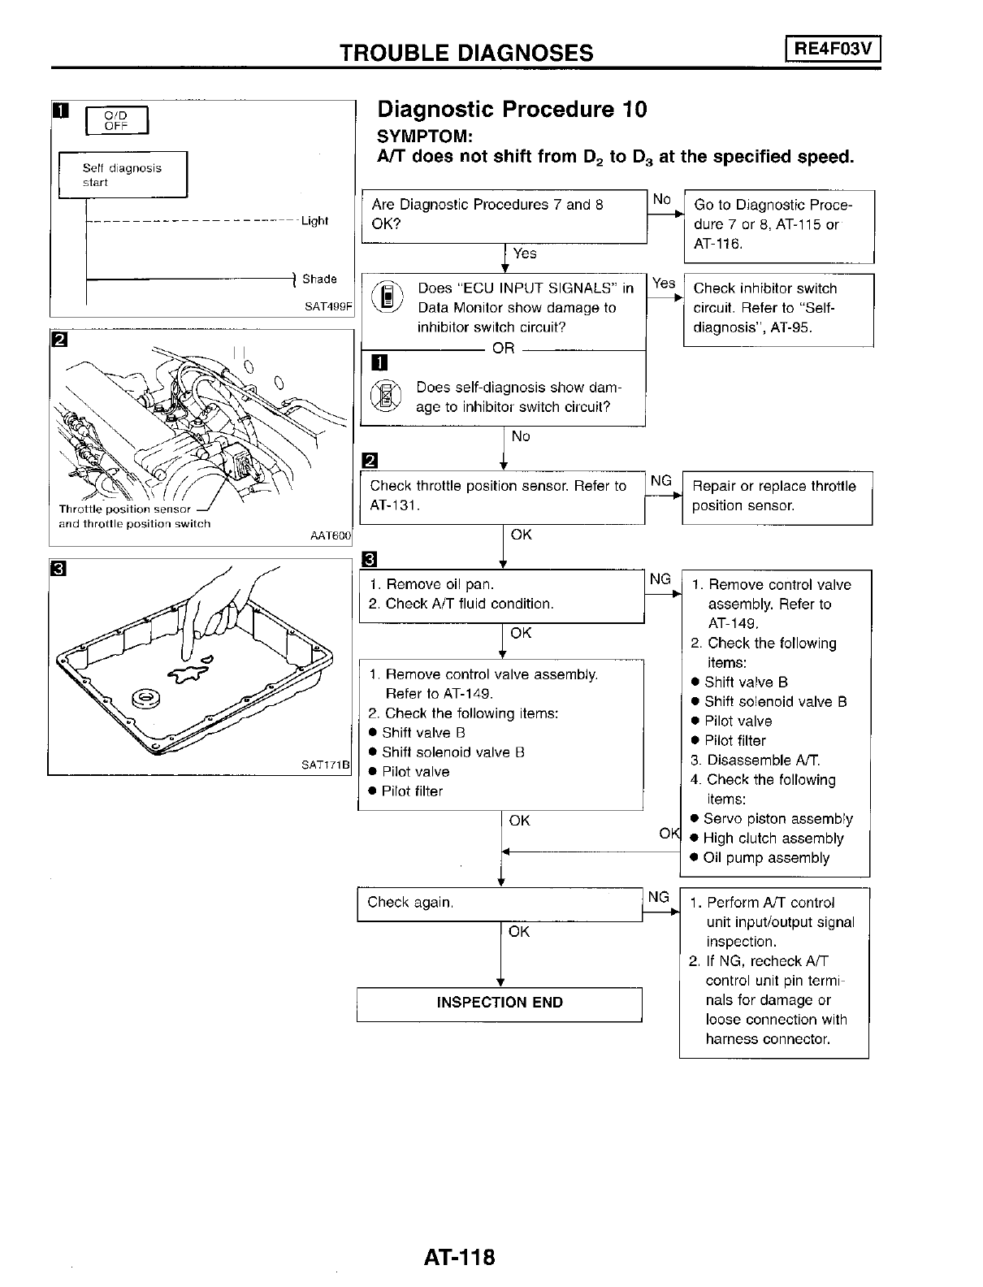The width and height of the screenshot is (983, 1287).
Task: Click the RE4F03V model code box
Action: [x=833, y=49]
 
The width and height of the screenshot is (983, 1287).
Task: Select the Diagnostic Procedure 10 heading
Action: [x=513, y=110]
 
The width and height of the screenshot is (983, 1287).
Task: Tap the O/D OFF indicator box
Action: [x=117, y=120]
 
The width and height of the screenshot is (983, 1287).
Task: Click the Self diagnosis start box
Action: [x=123, y=175]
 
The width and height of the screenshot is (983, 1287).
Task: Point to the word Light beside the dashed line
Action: [x=314, y=221]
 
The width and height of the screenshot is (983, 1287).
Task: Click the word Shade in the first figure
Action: [x=319, y=279]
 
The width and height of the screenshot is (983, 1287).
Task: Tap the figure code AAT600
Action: [x=331, y=535]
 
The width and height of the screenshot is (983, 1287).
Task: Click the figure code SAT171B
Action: [x=325, y=765]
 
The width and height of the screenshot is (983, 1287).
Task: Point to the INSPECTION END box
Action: [x=500, y=1003]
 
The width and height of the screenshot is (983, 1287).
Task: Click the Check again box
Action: [x=500, y=903]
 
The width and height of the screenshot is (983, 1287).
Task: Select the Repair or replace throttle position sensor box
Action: [x=777, y=496]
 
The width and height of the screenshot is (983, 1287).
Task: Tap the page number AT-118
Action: [x=459, y=1257]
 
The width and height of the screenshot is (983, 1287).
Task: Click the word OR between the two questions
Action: [x=504, y=348]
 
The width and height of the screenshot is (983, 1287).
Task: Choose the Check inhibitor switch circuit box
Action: [x=777, y=309]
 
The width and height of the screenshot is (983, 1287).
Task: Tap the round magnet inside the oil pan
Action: [x=146, y=696]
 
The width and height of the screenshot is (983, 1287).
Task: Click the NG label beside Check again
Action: [x=658, y=897]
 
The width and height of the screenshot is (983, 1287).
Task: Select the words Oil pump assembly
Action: [x=766, y=858]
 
